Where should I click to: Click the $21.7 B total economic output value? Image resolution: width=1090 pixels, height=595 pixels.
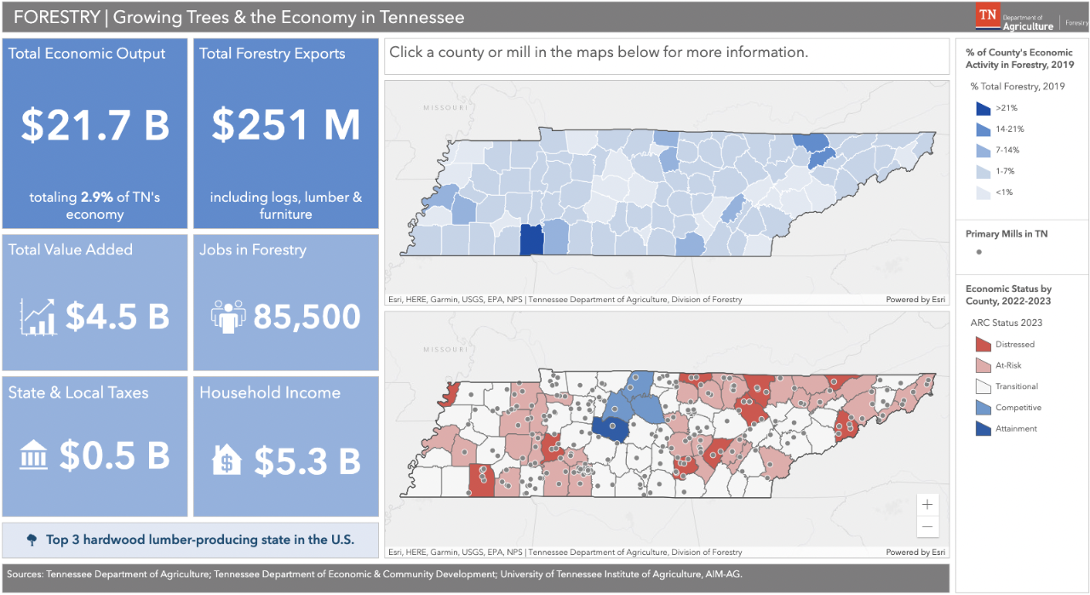click(95, 125)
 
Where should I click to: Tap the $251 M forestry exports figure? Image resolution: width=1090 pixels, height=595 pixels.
click(286, 125)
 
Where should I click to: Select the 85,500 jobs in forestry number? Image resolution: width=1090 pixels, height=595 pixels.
click(306, 317)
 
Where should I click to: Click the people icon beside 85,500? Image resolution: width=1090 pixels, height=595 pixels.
click(227, 316)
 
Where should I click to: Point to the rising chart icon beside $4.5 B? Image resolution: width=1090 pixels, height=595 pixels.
click(38, 317)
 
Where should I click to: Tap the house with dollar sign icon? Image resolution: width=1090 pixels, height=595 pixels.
click(227, 461)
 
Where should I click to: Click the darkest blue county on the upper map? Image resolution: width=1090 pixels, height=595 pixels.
click(531, 240)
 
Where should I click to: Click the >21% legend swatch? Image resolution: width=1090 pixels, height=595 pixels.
click(983, 108)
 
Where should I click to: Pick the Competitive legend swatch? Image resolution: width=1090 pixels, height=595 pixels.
click(983, 408)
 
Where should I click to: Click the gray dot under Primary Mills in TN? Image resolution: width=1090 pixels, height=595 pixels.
click(979, 252)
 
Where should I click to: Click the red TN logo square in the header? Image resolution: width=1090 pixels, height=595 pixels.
click(988, 15)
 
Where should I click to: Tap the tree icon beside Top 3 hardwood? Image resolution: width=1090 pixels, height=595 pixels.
click(32, 540)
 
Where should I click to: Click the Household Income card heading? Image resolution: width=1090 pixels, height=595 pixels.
click(270, 392)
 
